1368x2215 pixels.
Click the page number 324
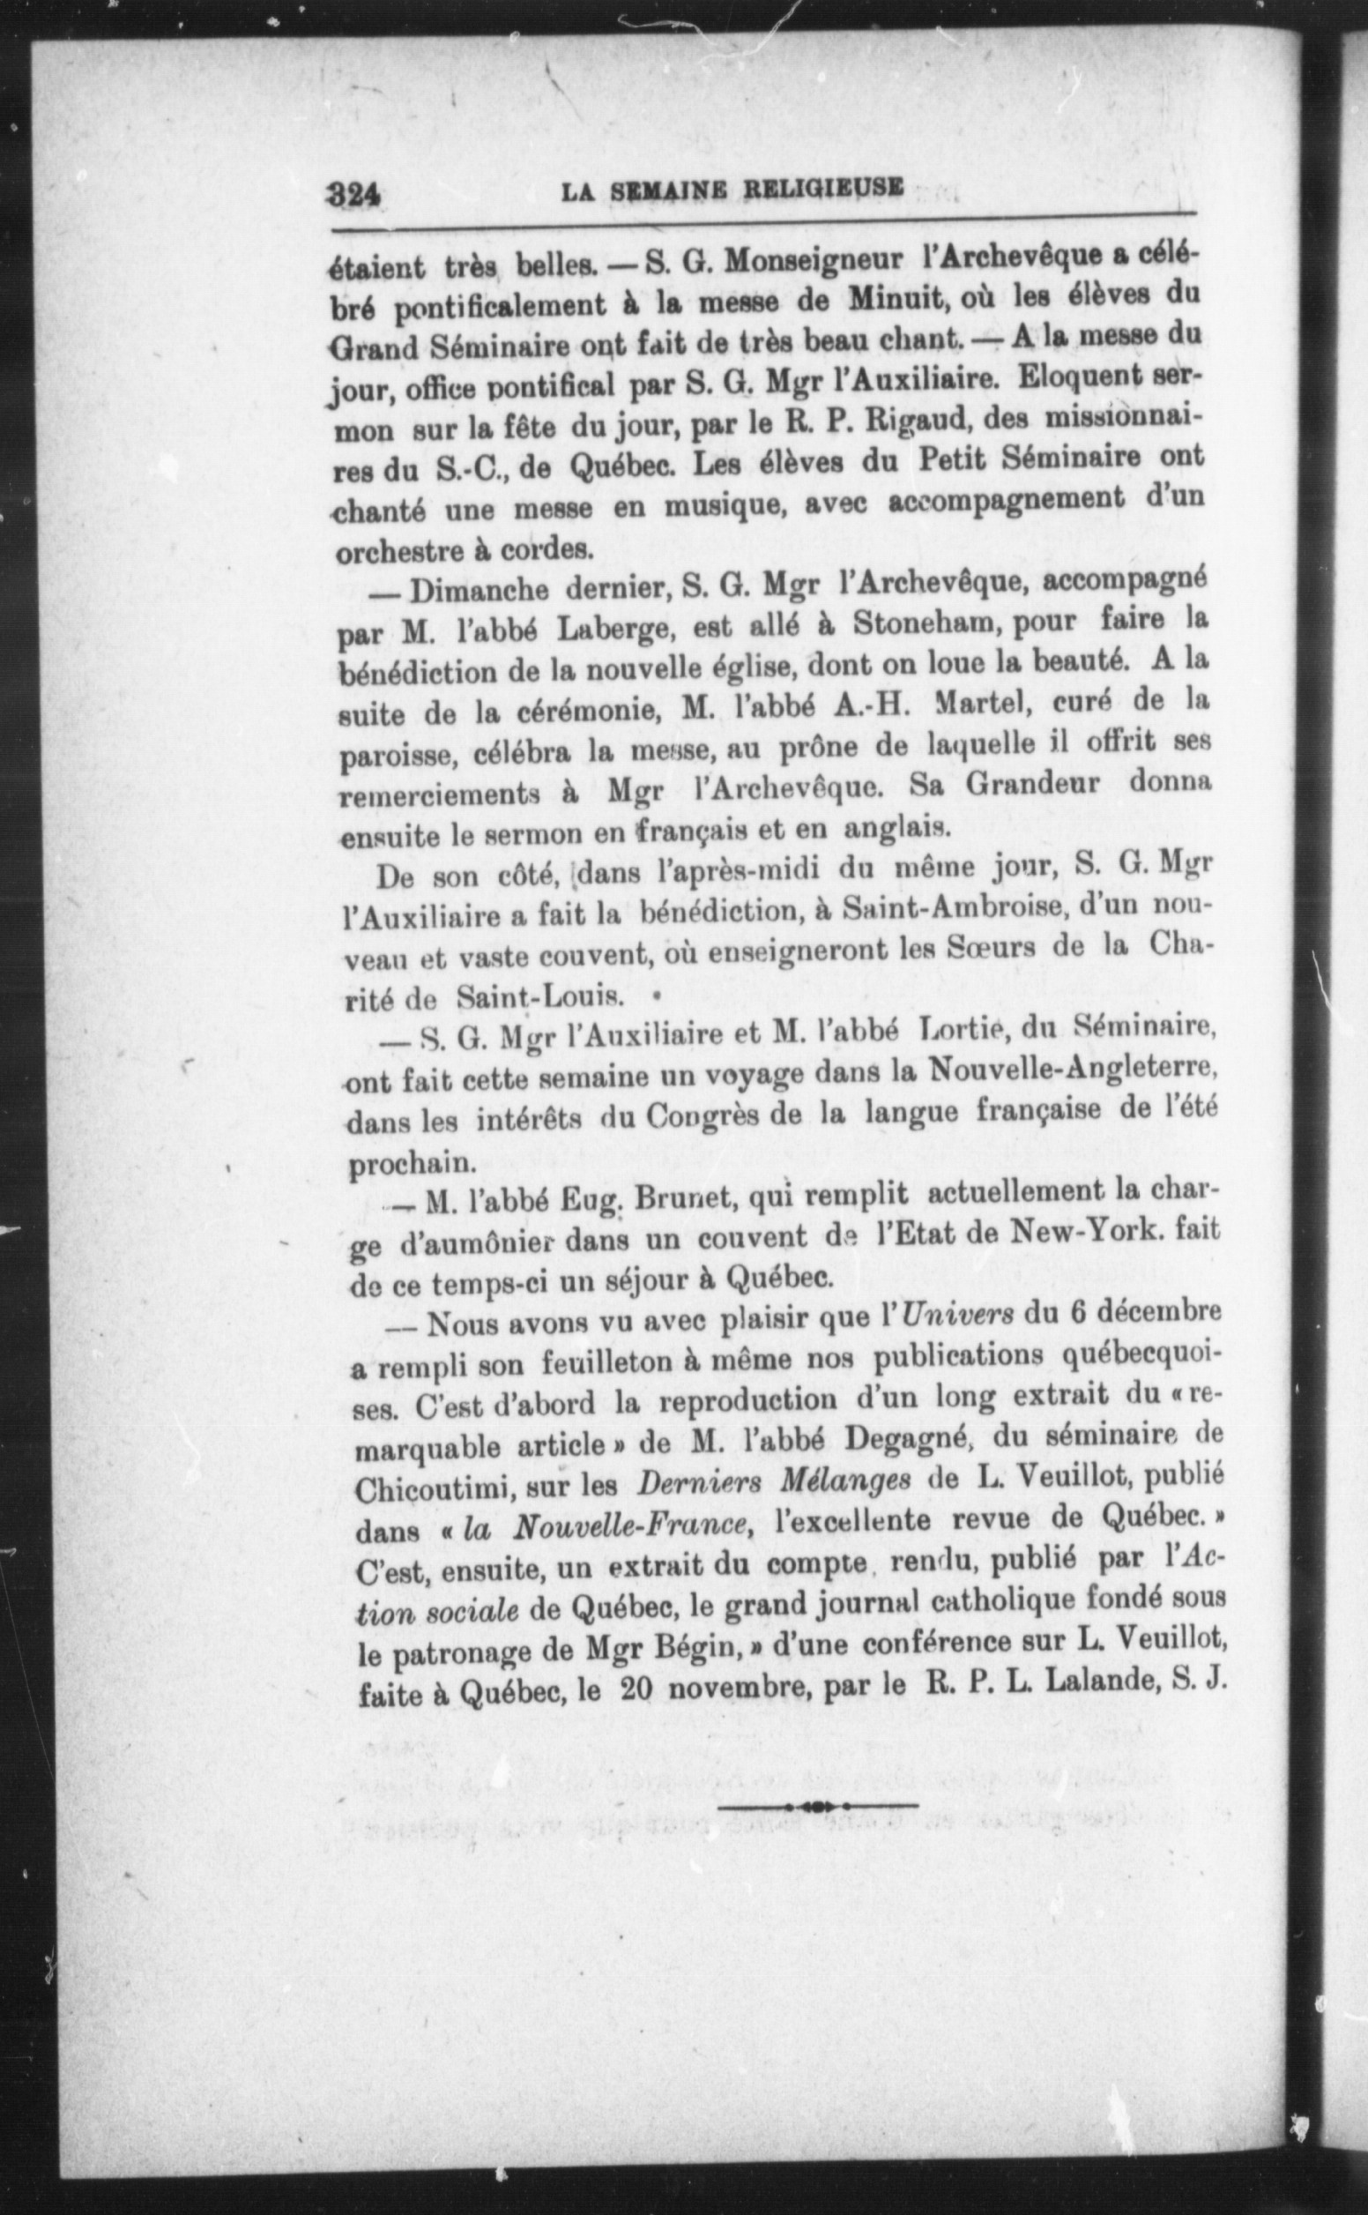point(353,193)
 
